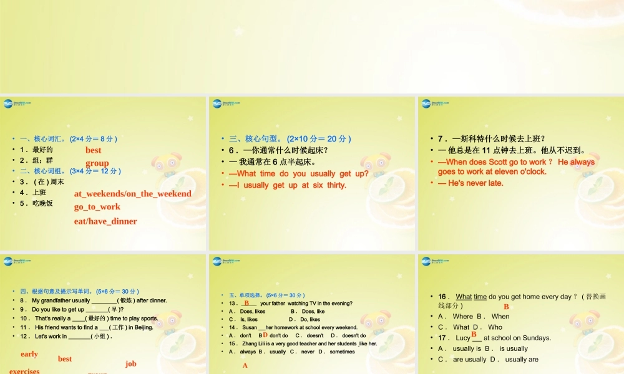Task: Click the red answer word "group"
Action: click(x=97, y=163)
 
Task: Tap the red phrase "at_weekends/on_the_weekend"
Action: click(x=133, y=193)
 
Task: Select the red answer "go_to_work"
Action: click(x=97, y=206)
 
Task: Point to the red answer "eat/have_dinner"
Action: click(x=105, y=221)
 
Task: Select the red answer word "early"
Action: click(x=29, y=354)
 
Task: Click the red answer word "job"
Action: click(x=130, y=363)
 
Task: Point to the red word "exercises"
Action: click(x=24, y=371)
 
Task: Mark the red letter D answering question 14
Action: click(x=265, y=335)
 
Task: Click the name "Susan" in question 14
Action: click(x=250, y=327)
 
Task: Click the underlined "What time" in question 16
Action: click(x=471, y=297)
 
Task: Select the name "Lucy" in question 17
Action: click(x=463, y=338)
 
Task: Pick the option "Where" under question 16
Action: click(x=463, y=317)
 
